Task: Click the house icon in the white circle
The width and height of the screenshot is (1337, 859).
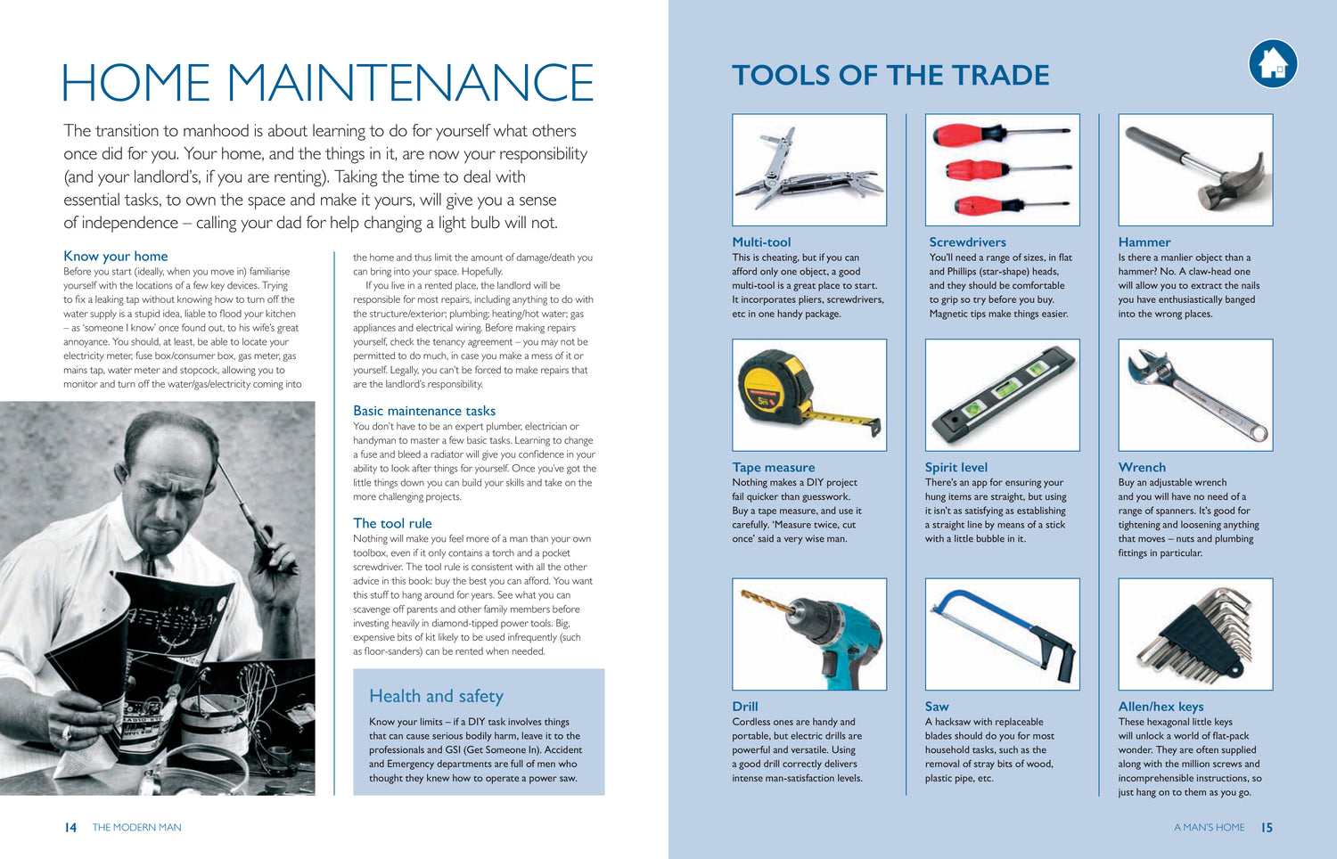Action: pyautogui.click(x=1273, y=64)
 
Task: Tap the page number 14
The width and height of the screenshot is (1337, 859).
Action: pyautogui.click(x=70, y=827)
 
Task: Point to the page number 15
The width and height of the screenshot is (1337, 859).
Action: pyautogui.click(x=1267, y=827)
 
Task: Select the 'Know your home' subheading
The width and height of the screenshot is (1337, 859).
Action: pyautogui.click(x=115, y=256)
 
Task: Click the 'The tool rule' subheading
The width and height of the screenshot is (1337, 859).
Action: pyautogui.click(x=392, y=523)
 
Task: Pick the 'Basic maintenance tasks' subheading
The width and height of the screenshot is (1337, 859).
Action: pyautogui.click(x=423, y=411)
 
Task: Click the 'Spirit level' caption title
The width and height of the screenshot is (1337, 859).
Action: pyautogui.click(x=956, y=467)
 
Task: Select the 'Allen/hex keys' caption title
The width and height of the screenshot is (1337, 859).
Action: pyautogui.click(x=1161, y=707)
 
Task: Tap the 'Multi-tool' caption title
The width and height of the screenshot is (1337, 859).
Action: pyautogui.click(x=761, y=241)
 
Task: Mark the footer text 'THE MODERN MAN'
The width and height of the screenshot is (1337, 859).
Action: pyautogui.click(x=136, y=827)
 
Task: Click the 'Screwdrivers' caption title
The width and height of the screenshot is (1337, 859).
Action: pyautogui.click(x=967, y=241)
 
